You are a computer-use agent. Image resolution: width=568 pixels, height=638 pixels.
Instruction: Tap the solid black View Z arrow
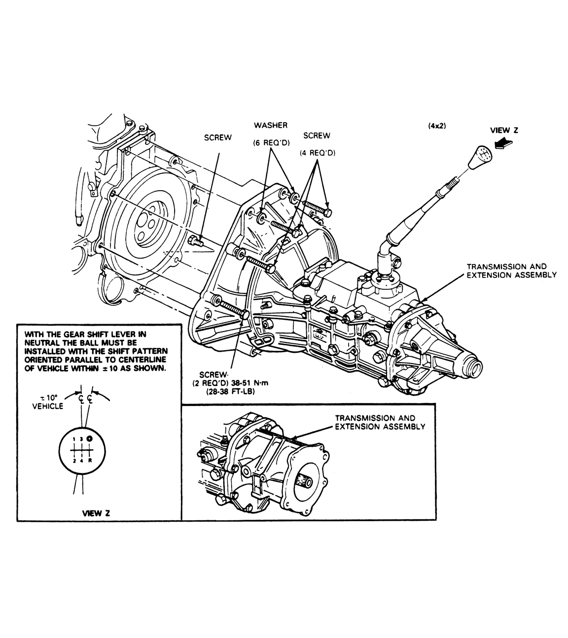[x=503, y=144]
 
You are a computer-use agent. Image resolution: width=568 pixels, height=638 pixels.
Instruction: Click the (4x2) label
[x=436, y=126]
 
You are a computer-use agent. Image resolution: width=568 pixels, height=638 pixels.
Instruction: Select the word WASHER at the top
[x=271, y=125]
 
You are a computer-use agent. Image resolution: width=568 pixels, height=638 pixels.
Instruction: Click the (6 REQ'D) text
[x=271, y=143]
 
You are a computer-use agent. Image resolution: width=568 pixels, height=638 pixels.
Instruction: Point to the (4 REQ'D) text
[x=318, y=153]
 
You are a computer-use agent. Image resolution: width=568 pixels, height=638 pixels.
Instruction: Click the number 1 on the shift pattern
[x=74, y=439]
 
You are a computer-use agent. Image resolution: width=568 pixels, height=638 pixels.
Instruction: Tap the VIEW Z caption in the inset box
[x=96, y=513]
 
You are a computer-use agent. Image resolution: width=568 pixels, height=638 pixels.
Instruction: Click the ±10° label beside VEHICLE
[x=49, y=398]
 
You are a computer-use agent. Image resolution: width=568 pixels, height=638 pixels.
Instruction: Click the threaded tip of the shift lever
[x=454, y=182]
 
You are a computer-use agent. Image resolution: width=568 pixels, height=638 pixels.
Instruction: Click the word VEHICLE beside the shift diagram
[x=48, y=406]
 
